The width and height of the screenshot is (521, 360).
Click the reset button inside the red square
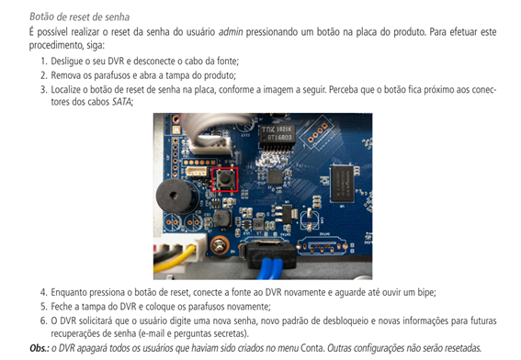(x=225, y=178)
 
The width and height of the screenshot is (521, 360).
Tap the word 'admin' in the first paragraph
(x=231, y=32)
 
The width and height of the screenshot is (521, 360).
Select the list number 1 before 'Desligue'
(x=42, y=61)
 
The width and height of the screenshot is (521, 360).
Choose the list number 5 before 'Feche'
(x=42, y=306)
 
